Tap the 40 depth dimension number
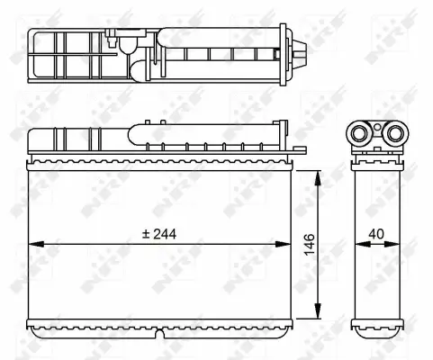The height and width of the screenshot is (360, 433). (376, 235)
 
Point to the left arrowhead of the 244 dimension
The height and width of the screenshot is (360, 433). (34, 244)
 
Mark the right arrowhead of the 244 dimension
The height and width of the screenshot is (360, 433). (290, 244)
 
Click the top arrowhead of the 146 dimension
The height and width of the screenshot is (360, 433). (318, 173)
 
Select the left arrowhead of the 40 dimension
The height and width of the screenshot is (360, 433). (353, 244)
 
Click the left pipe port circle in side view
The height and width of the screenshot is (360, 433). (361, 135)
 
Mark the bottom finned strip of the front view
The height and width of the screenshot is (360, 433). (162, 323)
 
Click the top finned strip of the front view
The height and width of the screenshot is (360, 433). (162, 163)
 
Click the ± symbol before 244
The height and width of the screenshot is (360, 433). (145, 233)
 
